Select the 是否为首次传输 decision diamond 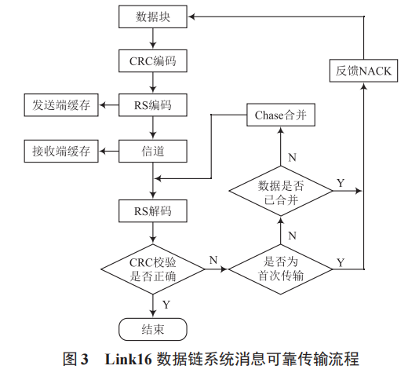pyautogui.click(x=281, y=269)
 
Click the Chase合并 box pyautogui.click(x=281, y=116)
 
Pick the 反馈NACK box pyautogui.click(x=363, y=72)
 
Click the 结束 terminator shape pyautogui.click(x=154, y=327)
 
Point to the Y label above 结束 pyautogui.click(x=166, y=303)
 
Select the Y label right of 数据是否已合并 pyautogui.click(x=341, y=182)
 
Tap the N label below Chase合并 pyautogui.click(x=292, y=157)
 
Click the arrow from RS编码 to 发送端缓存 pyautogui.click(x=109, y=104)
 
